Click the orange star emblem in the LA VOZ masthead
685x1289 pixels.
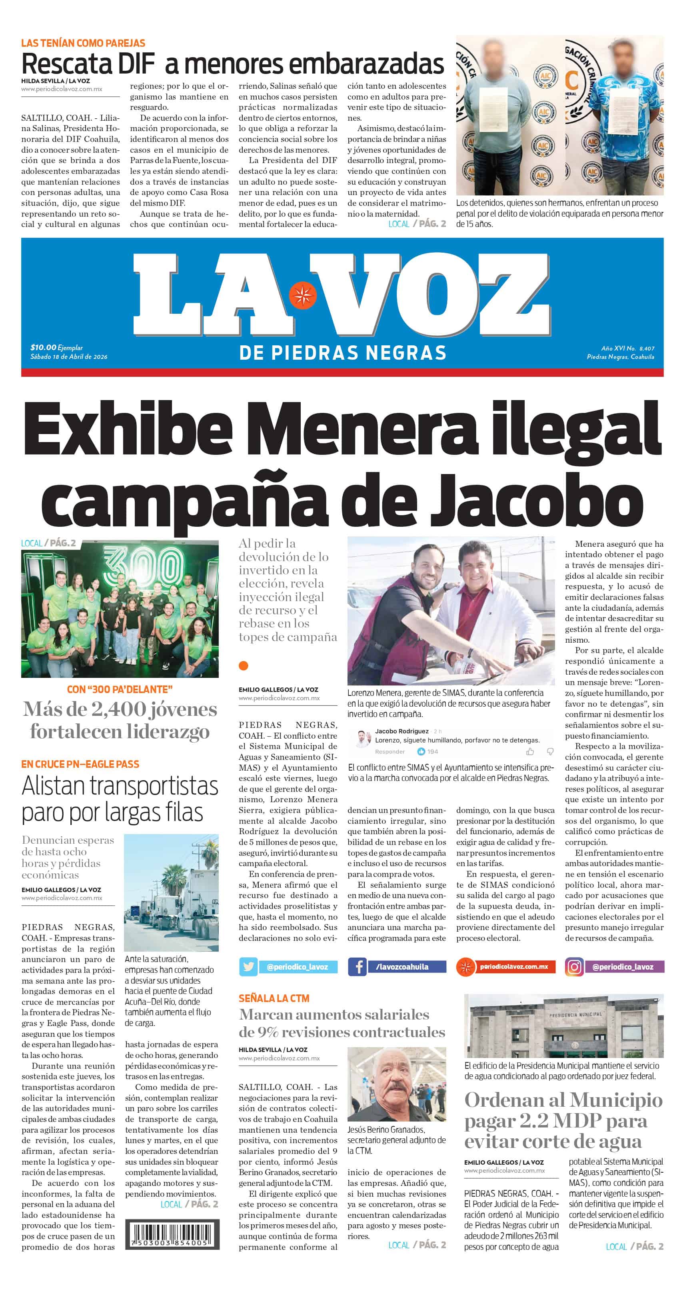(x=302, y=296)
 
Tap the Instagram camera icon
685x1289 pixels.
(x=574, y=967)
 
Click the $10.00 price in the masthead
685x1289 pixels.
(x=43, y=347)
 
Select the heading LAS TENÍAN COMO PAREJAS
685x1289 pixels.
(x=83, y=43)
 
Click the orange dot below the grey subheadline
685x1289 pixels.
(x=244, y=665)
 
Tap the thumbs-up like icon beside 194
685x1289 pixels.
(x=421, y=751)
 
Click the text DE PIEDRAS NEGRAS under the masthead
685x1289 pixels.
(x=342, y=353)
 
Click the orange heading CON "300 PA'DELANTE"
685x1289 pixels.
(x=120, y=689)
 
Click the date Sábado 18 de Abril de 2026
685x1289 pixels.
(x=69, y=357)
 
